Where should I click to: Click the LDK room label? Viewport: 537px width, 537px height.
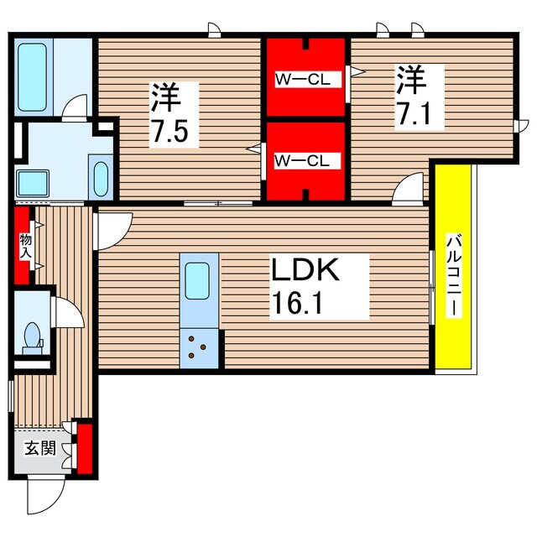tap(305, 269)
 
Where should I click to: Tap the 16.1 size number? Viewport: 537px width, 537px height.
tap(296, 301)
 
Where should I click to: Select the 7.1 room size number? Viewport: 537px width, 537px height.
tap(413, 113)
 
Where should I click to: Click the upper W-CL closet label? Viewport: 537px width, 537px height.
tap(303, 80)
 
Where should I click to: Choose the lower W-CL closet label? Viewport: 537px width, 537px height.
tap(302, 160)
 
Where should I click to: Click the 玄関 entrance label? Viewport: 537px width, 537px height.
tap(40, 448)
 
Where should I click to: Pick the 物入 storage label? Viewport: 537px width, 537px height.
tap(25, 246)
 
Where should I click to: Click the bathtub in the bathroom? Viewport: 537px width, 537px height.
tap(32, 77)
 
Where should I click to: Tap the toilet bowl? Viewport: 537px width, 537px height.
tap(33, 335)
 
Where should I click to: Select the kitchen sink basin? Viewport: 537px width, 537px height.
tap(197, 281)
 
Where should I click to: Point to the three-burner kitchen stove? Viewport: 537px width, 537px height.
tap(199, 349)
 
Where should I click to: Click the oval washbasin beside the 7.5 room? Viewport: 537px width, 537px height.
tap(101, 179)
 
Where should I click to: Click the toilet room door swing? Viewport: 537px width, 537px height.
tap(67, 312)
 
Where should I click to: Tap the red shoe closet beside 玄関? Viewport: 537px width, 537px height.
tap(85, 449)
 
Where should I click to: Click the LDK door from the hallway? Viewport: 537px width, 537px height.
tap(113, 232)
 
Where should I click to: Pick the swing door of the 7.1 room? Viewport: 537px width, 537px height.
tap(409, 189)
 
